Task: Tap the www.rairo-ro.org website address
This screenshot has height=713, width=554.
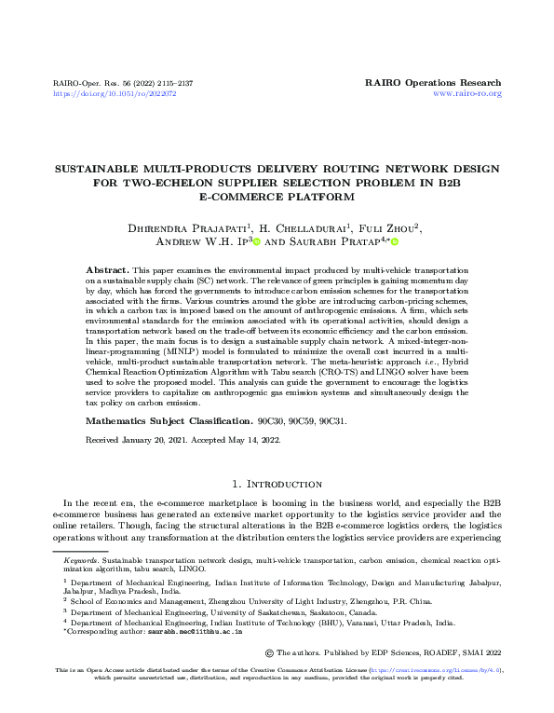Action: (x=467, y=94)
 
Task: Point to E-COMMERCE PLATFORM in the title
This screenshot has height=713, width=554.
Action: (x=277, y=197)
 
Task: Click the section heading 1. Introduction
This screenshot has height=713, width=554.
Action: (x=277, y=484)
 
